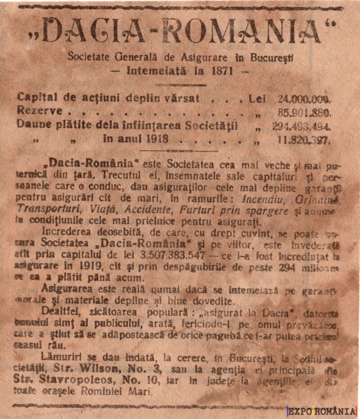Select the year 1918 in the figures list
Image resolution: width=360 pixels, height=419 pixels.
157,138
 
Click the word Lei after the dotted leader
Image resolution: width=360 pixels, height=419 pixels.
257,99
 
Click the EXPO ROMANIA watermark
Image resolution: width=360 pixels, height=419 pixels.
322,411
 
